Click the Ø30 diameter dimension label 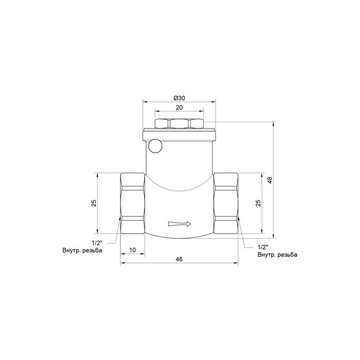[x=179, y=98]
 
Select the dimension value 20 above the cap [x=179, y=107]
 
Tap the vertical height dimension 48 [x=270, y=180]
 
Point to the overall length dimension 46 [x=179, y=259]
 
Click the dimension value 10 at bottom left [x=133, y=250]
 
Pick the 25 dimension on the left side [x=94, y=203]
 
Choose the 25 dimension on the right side [x=258, y=203]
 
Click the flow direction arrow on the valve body [x=180, y=224]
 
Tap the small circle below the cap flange [x=155, y=146]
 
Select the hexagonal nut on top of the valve [x=179, y=124]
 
